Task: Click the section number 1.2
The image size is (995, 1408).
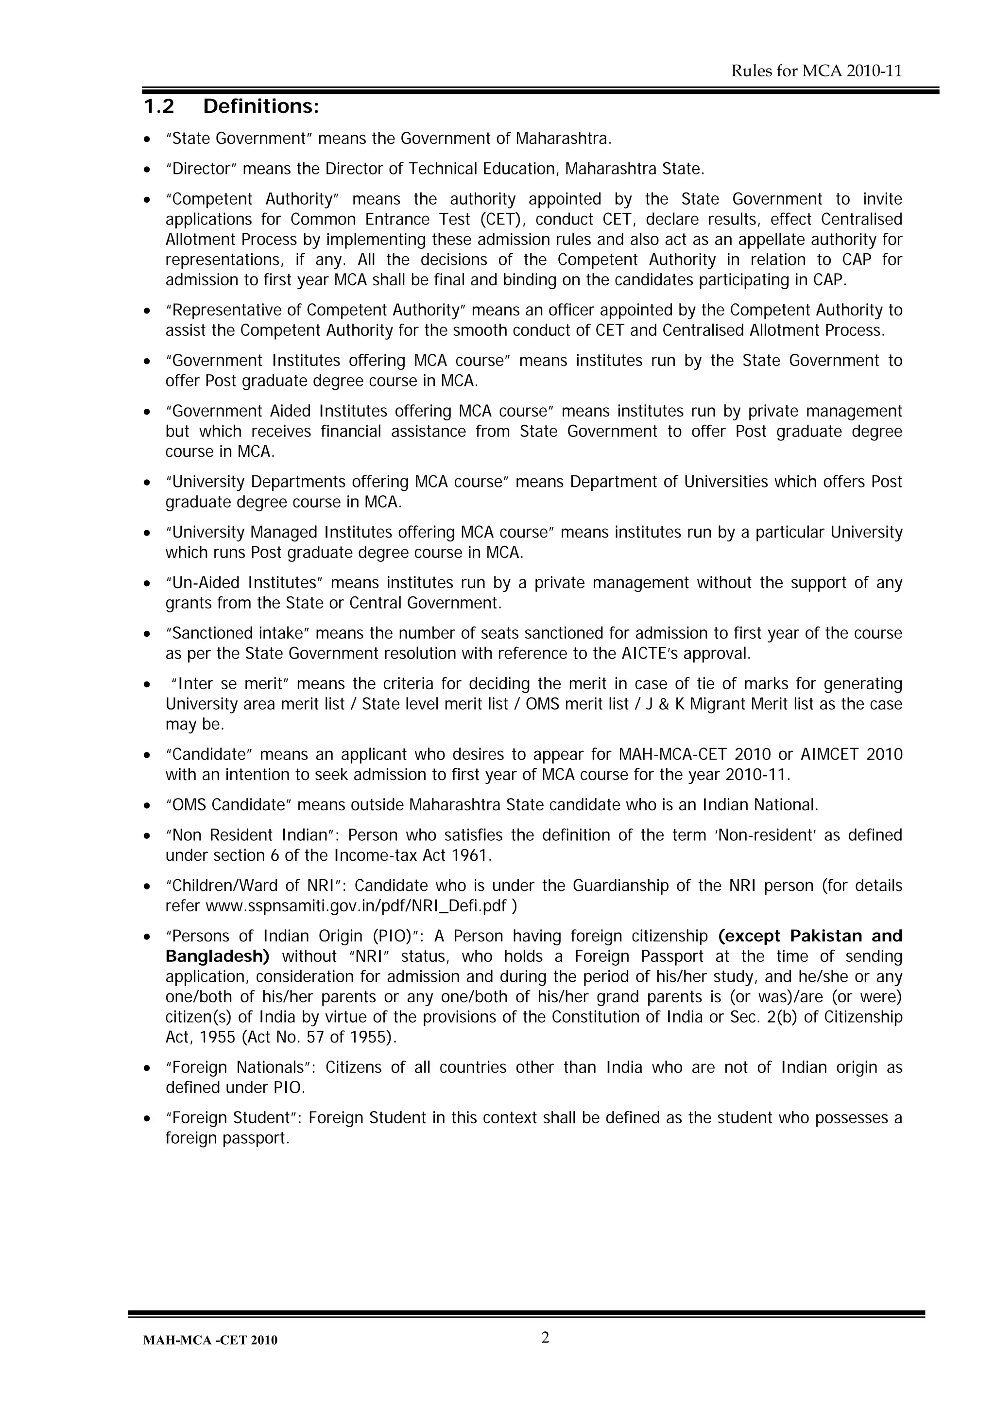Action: tap(159, 107)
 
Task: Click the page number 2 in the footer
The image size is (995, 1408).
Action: tap(545, 1338)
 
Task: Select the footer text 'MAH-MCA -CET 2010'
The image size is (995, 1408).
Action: tap(210, 1340)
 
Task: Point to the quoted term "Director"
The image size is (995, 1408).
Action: tap(201, 169)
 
